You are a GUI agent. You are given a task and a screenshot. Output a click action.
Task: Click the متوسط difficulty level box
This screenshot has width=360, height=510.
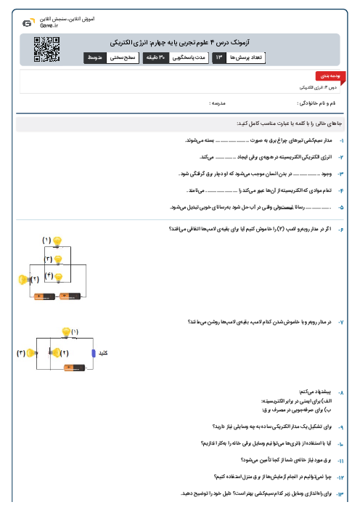point(94,56)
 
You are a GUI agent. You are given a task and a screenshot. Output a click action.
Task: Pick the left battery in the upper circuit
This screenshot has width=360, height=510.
point(44,296)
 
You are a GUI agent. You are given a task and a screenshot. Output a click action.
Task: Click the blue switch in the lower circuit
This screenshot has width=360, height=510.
point(92,353)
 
